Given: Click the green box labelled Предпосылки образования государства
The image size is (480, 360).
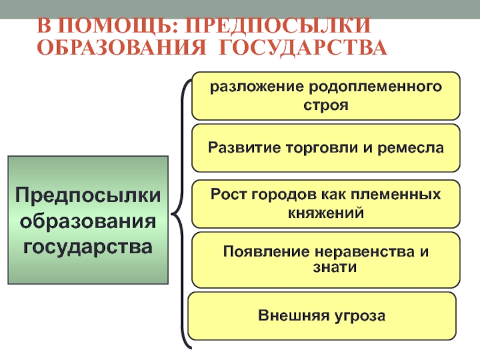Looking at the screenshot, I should [x=88, y=220].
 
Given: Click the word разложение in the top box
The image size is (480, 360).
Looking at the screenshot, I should [x=255, y=87].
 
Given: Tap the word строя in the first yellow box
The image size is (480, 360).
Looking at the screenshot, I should [x=326, y=104].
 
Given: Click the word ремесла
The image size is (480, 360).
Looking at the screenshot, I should [x=412, y=147].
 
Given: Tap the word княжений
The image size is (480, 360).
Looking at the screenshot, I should [x=326, y=212].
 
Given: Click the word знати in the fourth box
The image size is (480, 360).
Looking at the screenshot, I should [x=326, y=268].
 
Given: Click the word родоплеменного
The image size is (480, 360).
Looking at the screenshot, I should [x=374, y=87].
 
